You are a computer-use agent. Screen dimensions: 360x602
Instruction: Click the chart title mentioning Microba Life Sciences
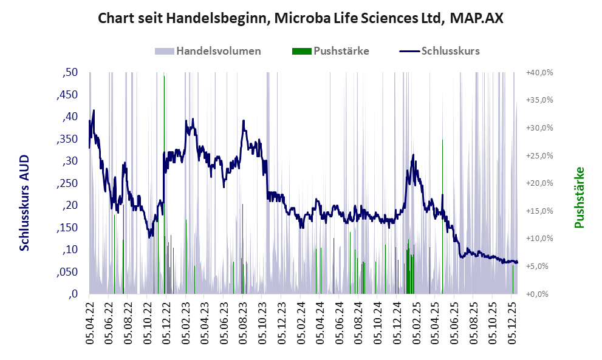point(301,19)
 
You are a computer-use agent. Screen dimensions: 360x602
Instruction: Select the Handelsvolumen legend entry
point(208,51)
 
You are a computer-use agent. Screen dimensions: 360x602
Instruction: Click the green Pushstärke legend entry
point(330,51)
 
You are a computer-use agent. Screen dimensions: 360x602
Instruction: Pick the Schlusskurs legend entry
point(440,51)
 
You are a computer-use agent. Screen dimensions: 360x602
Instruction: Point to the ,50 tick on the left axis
point(70,73)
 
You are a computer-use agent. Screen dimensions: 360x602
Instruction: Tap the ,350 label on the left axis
point(67,139)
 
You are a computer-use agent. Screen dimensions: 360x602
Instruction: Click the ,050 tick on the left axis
point(67,272)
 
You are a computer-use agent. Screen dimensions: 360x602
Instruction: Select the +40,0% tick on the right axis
point(539,73)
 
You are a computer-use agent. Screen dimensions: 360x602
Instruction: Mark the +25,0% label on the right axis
point(539,155)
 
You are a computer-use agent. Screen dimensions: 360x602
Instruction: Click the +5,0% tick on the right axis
point(539,267)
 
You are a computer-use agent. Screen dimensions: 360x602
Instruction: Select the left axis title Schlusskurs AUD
point(25,202)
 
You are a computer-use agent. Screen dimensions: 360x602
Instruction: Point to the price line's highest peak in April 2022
point(94,110)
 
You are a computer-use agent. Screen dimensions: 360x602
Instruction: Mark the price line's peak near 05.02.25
point(414,155)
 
